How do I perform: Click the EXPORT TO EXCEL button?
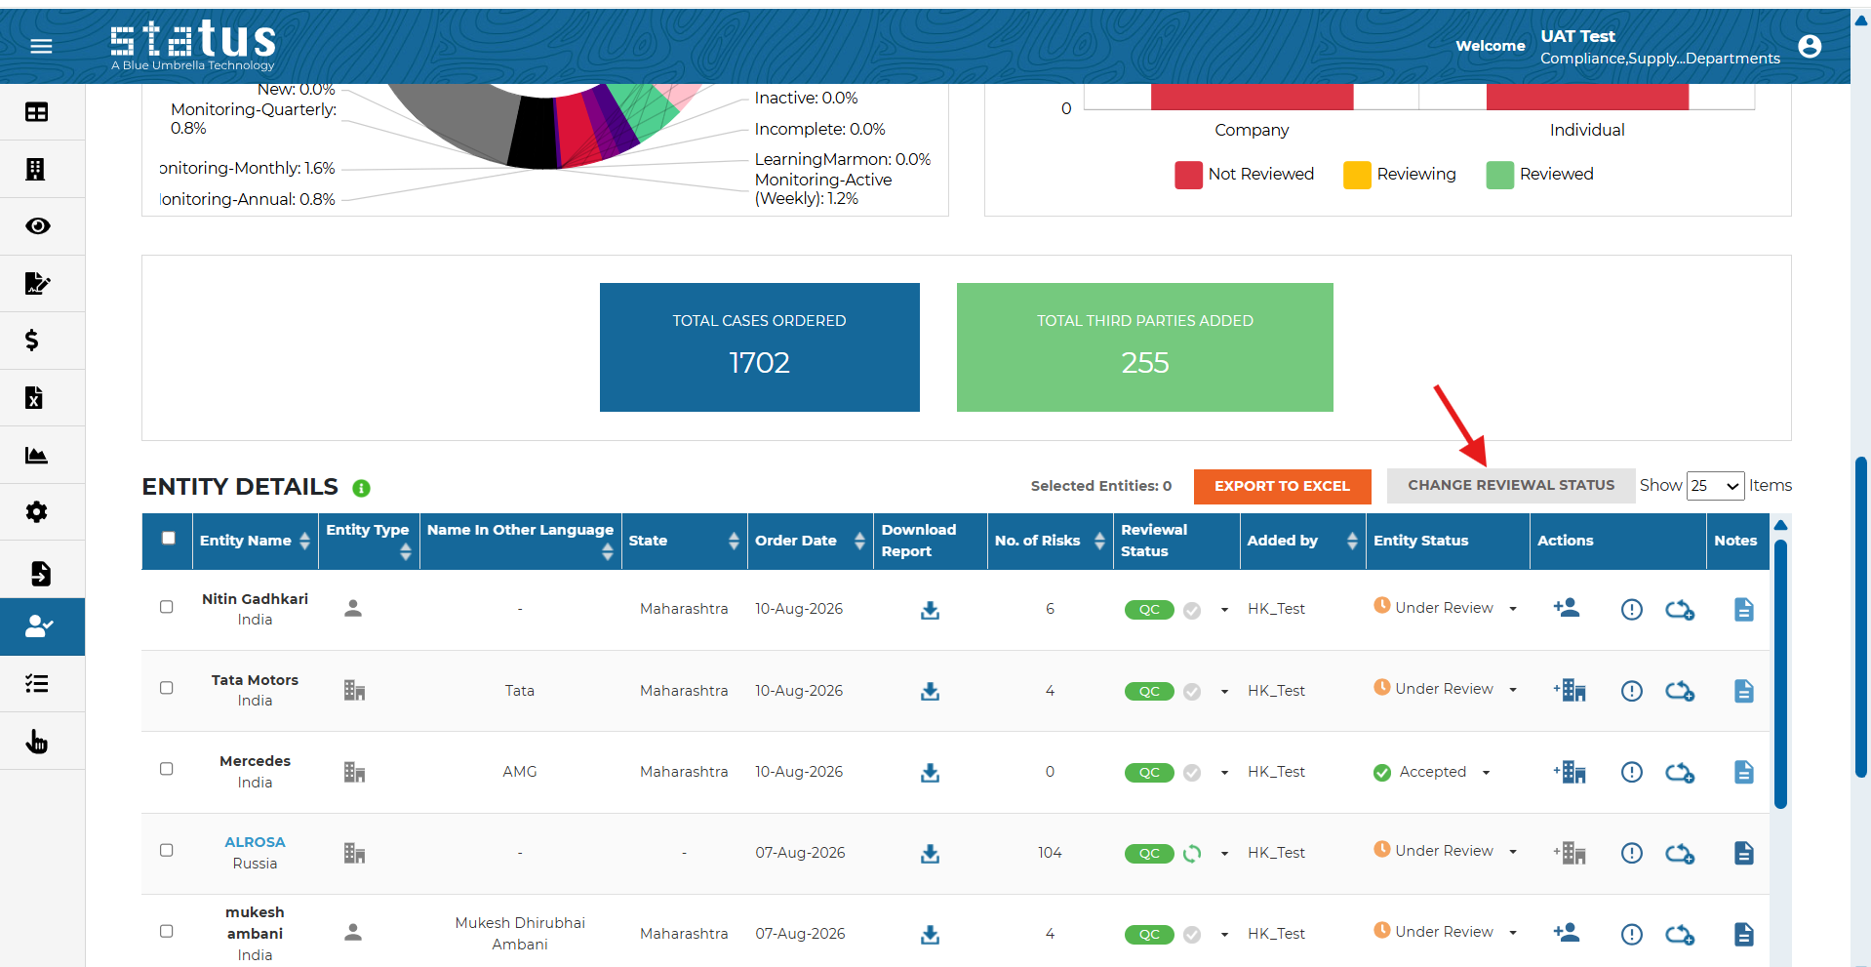coord(1282,486)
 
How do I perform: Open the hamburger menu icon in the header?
coord(41,46)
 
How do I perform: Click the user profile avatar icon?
coord(1810,46)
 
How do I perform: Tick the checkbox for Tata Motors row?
coord(167,688)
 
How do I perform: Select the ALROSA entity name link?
coord(255,842)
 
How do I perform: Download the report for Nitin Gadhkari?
coord(930,610)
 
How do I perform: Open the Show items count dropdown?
coord(1715,486)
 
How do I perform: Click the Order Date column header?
coord(796,541)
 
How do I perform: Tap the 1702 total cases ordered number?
coord(759,363)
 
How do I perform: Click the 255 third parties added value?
coord(1145,363)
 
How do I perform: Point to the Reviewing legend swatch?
coord(1357,175)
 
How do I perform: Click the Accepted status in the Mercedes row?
coord(1432,772)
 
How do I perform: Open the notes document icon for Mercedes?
coord(1744,772)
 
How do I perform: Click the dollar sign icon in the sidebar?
coord(32,341)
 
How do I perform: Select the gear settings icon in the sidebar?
coord(37,512)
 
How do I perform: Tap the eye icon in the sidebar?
coord(38,226)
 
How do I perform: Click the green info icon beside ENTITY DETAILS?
coord(361,488)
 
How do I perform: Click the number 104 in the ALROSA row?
coord(1050,853)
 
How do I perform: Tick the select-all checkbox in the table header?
coord(169,538)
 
